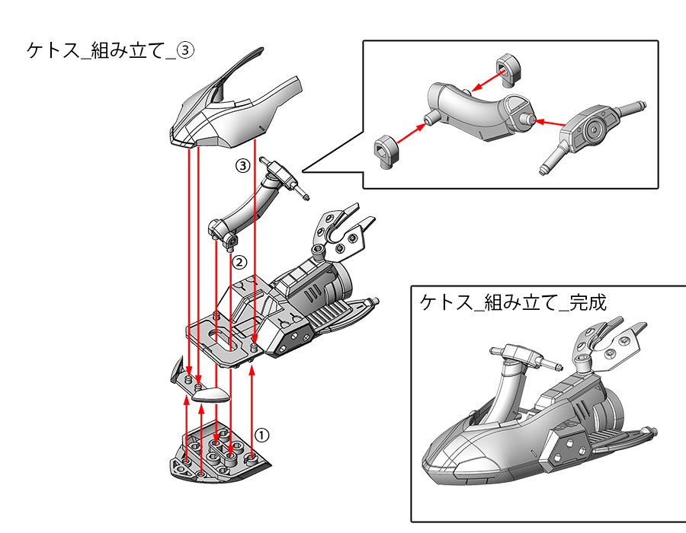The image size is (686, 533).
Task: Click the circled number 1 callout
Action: point(261,435)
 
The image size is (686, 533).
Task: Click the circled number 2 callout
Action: point(239,263)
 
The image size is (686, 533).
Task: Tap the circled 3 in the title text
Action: point(187,50)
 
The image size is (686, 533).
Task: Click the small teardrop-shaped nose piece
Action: point(210,394)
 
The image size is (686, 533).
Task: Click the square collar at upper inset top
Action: point(508,68)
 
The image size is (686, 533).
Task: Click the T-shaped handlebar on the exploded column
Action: point(282,174)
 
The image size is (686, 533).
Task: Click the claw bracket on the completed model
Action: point(606,343)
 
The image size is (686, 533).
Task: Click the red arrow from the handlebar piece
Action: point(549,122)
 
